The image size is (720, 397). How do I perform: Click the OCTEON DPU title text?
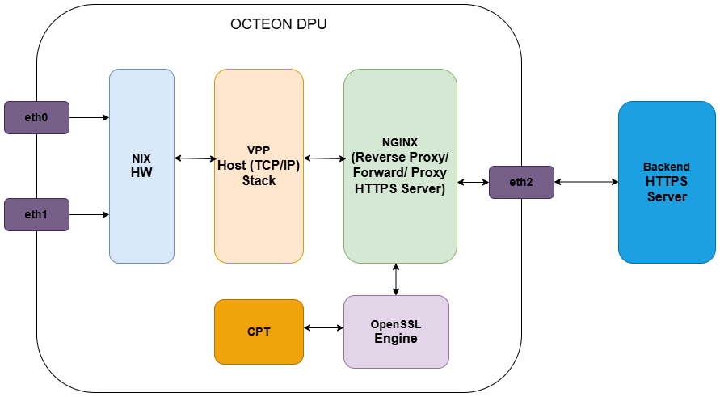tap(279, 24)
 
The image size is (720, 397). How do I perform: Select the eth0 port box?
tap(36, 117)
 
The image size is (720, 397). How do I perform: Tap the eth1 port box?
tap(36, 214)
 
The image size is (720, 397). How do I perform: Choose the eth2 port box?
tap(521, 182)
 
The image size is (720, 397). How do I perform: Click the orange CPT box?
tap(259, 332)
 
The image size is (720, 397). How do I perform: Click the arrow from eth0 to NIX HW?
tap(89, 117)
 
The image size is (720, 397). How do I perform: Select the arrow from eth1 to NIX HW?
tap(89, 214)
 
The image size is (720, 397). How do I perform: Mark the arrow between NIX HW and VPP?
tap(194, 158)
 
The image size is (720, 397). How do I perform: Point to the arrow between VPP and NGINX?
tap(323, 158)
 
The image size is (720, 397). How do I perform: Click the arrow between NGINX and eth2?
tap(473, 182)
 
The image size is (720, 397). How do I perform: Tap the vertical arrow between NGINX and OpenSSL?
tap(395, 279)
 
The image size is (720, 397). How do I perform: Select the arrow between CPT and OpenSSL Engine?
tap(323, 327)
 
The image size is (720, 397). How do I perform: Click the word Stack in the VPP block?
tap(259, 180)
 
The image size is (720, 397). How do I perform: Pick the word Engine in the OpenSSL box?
tap(395, 338)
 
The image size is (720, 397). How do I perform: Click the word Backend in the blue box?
tap(667, 167)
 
